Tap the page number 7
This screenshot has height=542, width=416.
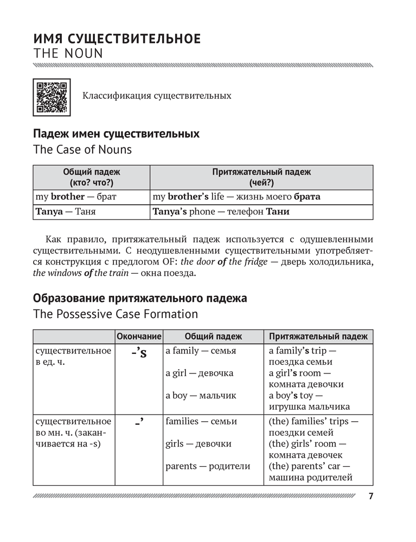371,496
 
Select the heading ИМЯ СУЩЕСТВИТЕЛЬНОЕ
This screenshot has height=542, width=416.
117,38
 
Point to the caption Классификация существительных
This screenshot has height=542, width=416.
157,96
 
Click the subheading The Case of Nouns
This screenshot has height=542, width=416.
82,149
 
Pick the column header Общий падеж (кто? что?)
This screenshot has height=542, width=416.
92,177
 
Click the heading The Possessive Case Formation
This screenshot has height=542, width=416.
116,314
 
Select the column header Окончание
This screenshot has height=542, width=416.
139,337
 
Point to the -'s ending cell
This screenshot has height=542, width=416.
139,355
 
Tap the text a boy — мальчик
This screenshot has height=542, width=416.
201,396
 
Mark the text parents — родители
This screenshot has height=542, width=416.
208,466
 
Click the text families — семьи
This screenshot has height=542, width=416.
201,421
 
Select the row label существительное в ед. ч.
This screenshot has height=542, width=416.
72,356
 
